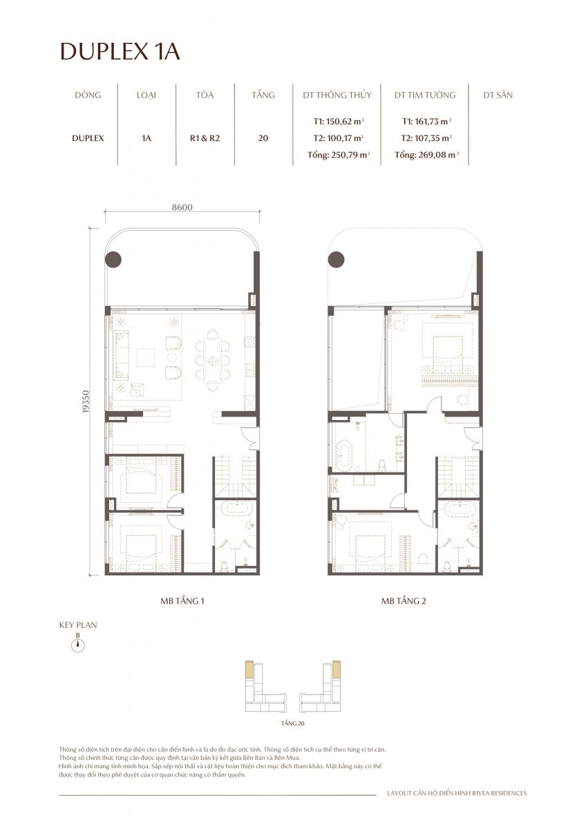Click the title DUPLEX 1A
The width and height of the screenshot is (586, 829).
(120, 52)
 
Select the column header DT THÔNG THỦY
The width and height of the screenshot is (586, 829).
(337, 95)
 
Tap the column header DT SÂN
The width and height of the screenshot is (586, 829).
(498, 95)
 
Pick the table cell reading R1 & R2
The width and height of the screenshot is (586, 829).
(205, 137)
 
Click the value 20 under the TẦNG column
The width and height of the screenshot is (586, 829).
(263, 137)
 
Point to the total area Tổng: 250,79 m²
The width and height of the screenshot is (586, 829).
(339, 155)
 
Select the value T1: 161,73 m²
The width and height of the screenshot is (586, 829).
(426, 121)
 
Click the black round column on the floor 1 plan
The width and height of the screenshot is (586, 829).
(114, 260)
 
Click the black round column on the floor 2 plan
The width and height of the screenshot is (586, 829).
(337, 260)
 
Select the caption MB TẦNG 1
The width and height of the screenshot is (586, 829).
(182, 601)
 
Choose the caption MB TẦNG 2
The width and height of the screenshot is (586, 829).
(404, 601)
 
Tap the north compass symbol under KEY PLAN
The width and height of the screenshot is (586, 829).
(79, 646)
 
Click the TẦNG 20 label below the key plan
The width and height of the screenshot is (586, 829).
(294, 723)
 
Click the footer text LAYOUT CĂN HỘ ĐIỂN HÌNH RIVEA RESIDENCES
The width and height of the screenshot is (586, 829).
(457, 793)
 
